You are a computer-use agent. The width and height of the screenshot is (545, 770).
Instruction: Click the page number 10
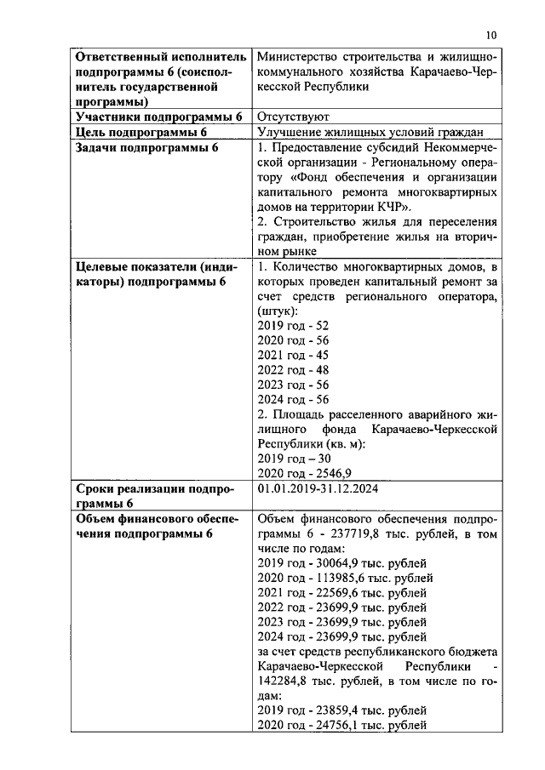pos(490,34)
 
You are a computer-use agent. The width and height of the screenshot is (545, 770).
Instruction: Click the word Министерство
pos(298,57)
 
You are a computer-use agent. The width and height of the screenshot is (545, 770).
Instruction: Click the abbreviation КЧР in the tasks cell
pos(393,207)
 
